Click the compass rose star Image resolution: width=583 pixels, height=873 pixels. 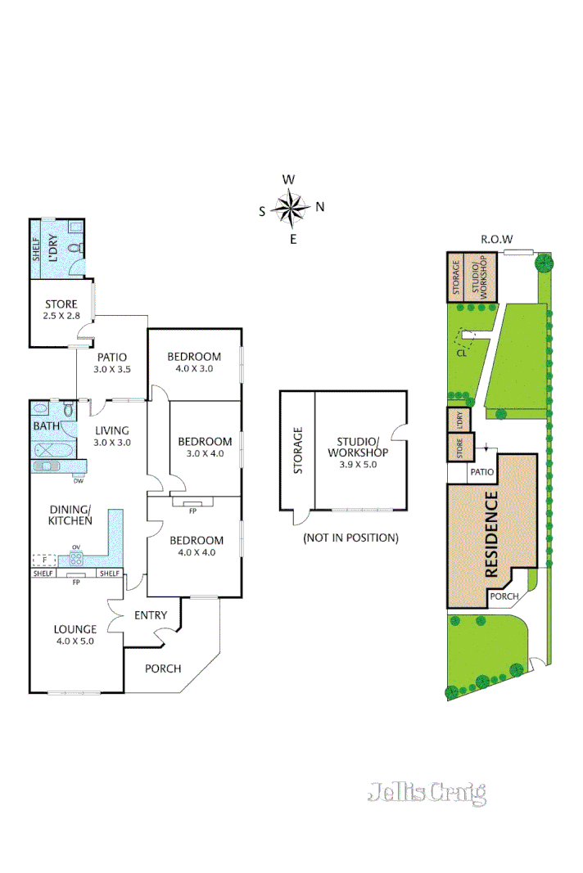pos(291,208)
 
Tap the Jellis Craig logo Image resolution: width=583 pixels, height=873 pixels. pos(427,792)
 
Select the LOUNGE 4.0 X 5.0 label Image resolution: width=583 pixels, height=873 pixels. pos(75,636)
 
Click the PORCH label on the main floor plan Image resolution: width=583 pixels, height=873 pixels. pos(163,668)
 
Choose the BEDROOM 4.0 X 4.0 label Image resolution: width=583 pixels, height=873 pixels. pos(196,547)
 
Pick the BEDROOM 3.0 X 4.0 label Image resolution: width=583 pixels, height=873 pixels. pos(205,448)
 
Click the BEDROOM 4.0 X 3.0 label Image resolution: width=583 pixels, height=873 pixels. pos(194,362)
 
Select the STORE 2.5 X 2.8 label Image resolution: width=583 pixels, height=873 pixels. pos(61,308)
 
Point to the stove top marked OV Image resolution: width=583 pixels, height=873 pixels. pos(75,560)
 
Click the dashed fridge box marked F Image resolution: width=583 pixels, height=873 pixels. pos(44,560)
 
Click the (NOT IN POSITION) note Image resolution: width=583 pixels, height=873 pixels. pos(350,538)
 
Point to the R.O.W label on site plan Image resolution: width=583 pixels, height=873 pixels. pos(496,240)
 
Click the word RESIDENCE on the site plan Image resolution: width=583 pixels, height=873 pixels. pos(492,535)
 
